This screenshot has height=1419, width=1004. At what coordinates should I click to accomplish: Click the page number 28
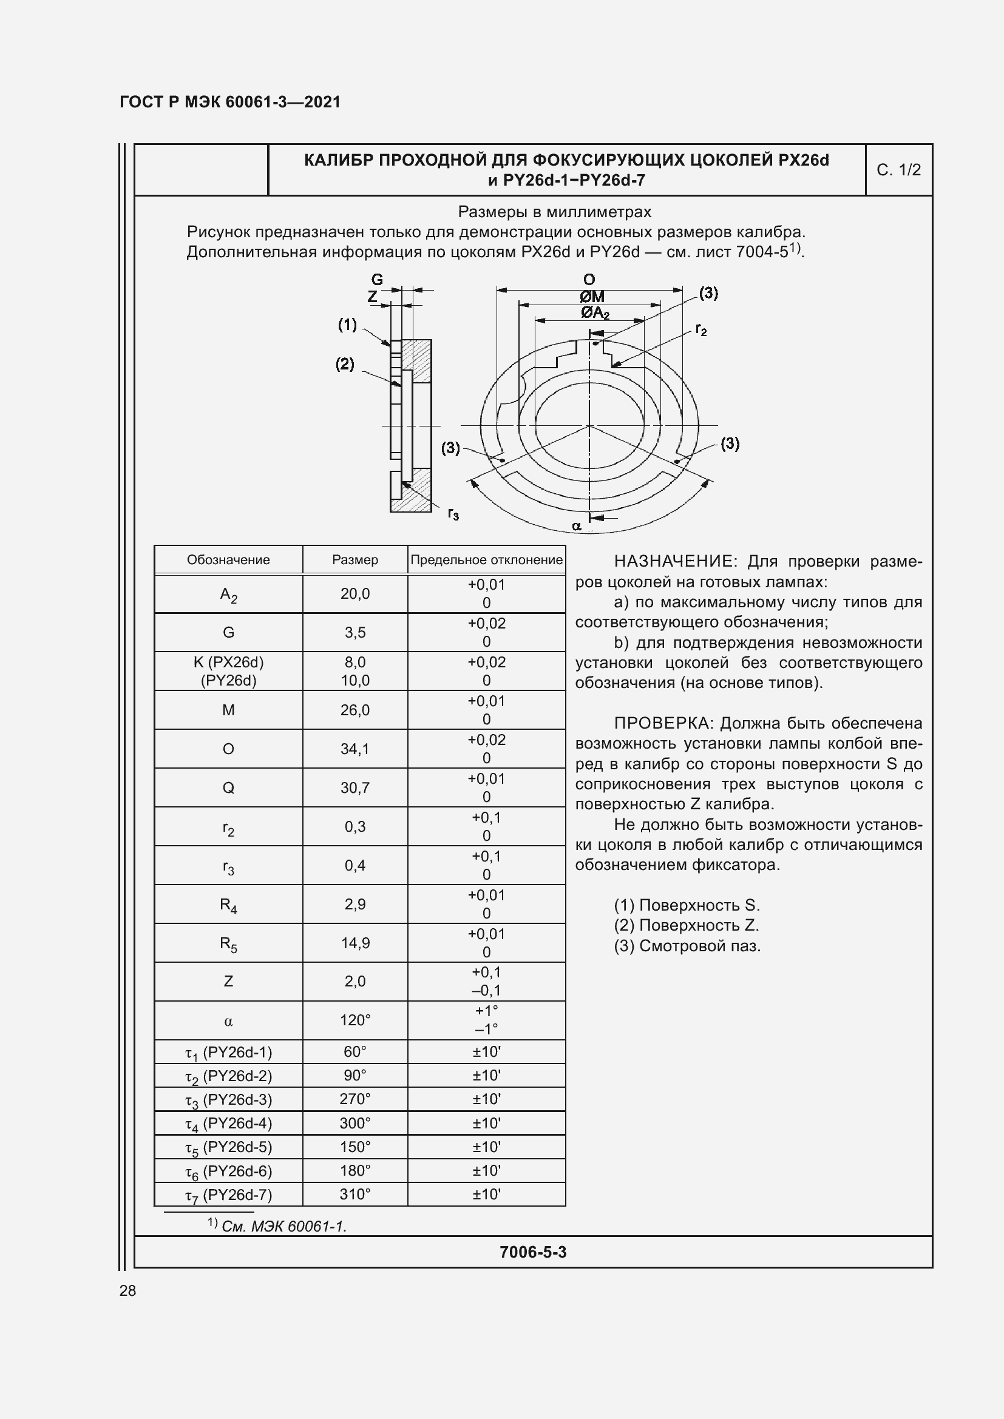(x=127, y=1290)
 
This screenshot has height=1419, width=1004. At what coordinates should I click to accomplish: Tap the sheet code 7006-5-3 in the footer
(x=532, y=1252)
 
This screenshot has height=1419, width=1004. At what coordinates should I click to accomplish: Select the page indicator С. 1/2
(x=898, y=170)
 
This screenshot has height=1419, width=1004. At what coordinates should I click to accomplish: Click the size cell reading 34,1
(x=355, y=749)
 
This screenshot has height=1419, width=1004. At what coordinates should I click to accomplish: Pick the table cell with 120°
(x=355, y=1020)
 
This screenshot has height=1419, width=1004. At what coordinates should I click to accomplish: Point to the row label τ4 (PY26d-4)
(x=228, y=1124)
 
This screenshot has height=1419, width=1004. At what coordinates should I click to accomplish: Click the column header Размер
(x=355, y=560)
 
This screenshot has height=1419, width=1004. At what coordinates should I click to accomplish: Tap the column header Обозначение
(x=228, y=560)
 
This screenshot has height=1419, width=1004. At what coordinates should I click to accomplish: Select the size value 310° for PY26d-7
(x=355, y=1194)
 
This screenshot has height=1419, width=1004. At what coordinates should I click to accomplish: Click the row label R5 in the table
(x=228, y=944)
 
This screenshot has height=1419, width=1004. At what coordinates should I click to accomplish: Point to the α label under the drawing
(x=576, y=526)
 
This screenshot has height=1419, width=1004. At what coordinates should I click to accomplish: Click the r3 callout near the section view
(x=453, y=514)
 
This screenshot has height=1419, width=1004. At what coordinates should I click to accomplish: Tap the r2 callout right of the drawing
(x=700, y=329)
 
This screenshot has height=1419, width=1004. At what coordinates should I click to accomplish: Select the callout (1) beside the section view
(x=347, y=325)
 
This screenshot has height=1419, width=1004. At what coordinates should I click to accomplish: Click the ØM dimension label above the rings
(x=592, y=297)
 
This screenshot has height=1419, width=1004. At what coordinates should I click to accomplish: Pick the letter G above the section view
(x=376, y=279)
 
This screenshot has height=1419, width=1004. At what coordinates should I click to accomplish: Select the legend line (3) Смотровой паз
(x=687, y=946)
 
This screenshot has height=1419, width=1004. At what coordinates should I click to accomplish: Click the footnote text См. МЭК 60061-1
(x=283, y=1226)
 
